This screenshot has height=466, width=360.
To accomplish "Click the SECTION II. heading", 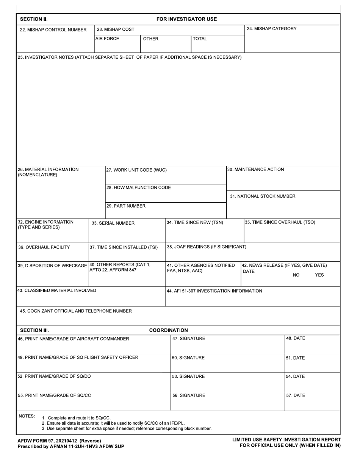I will coord(33,19).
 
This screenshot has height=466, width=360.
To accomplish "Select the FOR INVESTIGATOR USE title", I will coord(186,19).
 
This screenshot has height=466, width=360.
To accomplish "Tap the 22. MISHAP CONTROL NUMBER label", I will coord(53,30).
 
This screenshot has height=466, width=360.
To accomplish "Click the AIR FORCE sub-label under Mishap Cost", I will coord(107,39).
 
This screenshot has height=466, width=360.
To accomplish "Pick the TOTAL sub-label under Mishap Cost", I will coord(200,39).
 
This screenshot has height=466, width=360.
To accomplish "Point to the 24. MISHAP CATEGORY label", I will coord(272,29).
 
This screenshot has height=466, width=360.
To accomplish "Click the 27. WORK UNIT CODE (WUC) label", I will coord(136,170).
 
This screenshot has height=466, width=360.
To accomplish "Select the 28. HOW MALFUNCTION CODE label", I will coord(139,188).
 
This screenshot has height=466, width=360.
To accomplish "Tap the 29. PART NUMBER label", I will coord(126,206).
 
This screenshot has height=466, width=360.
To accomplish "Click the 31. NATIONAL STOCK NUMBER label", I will coord(263,196).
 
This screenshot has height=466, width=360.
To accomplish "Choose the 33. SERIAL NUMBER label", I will coord(113,223).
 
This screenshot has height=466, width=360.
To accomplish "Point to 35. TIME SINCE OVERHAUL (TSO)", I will coord(280,222).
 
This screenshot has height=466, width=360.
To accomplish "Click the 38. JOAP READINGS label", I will coord(207,247).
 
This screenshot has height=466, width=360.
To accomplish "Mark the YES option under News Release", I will coord(319,275).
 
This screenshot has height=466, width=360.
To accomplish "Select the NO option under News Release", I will coord(296,275).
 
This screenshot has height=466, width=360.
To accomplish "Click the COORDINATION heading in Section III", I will coord(168,330).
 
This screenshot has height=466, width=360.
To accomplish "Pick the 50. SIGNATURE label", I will coord(188,358).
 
